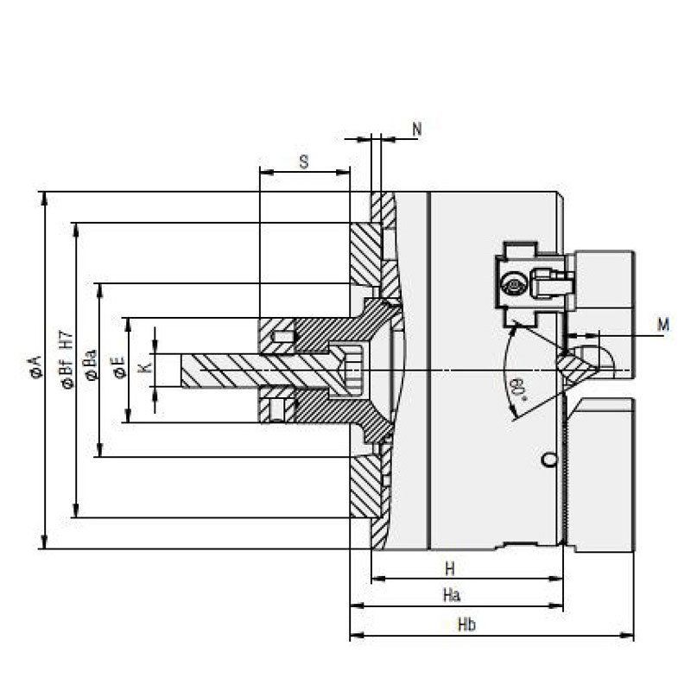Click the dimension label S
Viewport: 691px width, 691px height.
point(304,162)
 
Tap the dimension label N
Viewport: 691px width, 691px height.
point(417,129)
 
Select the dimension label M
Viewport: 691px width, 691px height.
point(662,325)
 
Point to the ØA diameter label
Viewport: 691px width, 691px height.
point(35,367)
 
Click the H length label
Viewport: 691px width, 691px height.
point(449,568)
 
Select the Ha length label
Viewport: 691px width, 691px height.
point(451,596)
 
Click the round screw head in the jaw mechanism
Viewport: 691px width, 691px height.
point(514,284)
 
